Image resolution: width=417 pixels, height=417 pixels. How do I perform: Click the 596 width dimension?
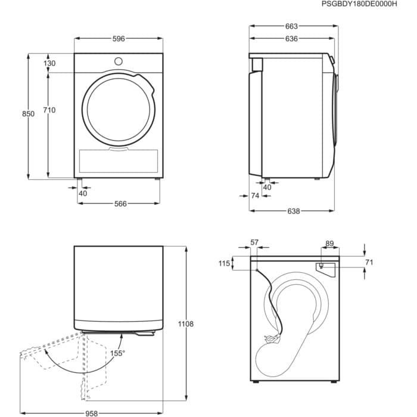(118, 39)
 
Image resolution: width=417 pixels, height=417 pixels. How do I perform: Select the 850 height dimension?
(20, 114)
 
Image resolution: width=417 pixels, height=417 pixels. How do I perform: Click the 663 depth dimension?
(291, 26)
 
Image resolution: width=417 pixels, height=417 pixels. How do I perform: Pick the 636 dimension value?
(291, 39)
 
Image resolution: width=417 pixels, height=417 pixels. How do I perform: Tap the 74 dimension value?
(255, 196)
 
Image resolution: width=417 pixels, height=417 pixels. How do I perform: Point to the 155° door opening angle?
(117, 353)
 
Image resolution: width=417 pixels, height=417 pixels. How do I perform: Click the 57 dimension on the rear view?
(255, 242)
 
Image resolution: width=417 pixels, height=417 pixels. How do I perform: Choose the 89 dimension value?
(329, 243)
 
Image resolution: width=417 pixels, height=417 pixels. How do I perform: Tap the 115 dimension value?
(224, 263)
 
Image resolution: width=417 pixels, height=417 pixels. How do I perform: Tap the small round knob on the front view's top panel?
(118, 61)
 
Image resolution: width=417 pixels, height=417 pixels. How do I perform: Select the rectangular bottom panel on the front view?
(118, 160)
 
